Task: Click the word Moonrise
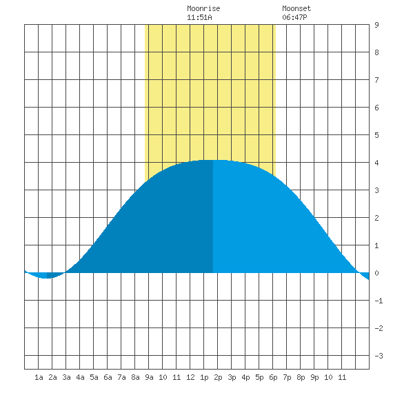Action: tap(203, 8)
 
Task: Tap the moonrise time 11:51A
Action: tap(199, 17)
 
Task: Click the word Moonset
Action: tap(296, 8)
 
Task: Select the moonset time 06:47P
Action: tap(295, 17)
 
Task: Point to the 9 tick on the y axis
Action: tap(376, 25)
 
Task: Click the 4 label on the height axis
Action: tap(376, 163)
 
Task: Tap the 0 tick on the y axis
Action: tap(376, 273)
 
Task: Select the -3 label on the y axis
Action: tap(379, 356)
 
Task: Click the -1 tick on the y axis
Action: tap(379, 301)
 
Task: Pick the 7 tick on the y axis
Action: tap(376, 80)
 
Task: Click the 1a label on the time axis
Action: tap(39, 377)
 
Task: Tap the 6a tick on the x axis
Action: tap(108, 377)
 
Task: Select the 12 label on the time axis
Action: tap(190, 377)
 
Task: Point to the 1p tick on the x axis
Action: tap(204, 377)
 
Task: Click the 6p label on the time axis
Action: tap(273, 377)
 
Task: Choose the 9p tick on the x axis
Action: tap(314, 377)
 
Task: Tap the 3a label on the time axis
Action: tap(66, 377)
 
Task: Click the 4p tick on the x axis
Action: tap(245, 377)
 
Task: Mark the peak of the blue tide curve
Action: tap(213, 160)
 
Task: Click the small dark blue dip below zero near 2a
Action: tap(54, 275)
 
